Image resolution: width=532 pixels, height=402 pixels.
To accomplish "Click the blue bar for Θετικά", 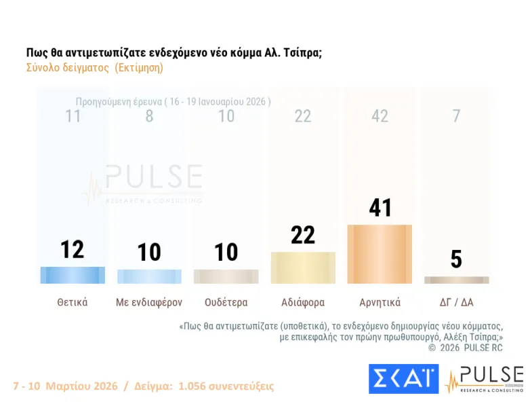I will [x=73, y=275].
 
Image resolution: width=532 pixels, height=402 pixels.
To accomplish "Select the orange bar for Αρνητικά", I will [x=380, y=254].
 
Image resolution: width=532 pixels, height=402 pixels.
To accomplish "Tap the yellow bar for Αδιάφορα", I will [x=303, y=268].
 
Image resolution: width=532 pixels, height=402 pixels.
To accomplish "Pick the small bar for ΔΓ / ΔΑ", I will [x=456, y=280].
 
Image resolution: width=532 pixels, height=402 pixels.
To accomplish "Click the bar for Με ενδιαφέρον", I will [x=149, y=276].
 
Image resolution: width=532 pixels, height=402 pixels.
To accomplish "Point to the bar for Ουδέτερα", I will [x=226, y=276].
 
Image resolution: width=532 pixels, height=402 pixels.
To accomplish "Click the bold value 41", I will [x=380, y=208].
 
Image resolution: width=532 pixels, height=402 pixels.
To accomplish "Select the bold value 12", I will [x=73, y=249].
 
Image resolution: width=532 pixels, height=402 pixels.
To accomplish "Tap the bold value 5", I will [x=456, y=259].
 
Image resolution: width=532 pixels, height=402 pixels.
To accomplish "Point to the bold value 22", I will [x=303, y=235].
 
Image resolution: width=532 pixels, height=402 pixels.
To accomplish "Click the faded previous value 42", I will [x=380, y=116].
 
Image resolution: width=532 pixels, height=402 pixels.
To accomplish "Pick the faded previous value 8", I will [x=149, y=116].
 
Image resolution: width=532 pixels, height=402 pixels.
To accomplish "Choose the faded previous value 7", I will [x=456, y=116].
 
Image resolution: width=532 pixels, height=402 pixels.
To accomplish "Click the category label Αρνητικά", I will [x=380, y=303].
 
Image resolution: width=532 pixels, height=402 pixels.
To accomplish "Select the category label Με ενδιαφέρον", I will [x=149, y=303].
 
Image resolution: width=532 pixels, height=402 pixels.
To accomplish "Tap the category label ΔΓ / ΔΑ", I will [x=456, y=303].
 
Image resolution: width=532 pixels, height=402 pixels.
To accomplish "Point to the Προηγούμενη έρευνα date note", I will [x=173, y=101].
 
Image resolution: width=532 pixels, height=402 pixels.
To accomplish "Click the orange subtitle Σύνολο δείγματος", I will [x=95, y=68].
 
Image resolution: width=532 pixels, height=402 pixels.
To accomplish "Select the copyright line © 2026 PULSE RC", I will [x=465, y=347].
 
